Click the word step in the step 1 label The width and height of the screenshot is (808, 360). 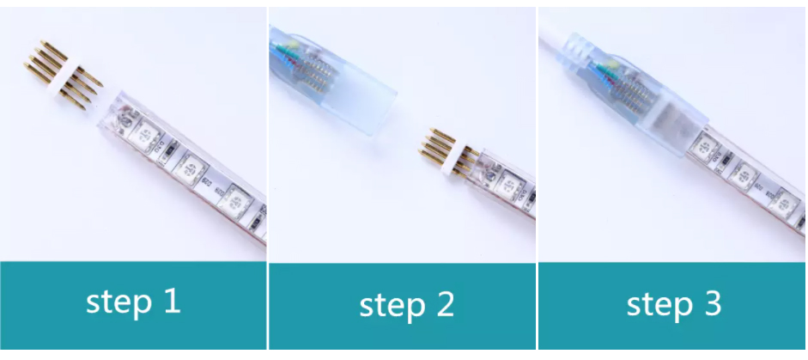(118, 302)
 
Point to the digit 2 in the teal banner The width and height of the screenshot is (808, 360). (446, 304)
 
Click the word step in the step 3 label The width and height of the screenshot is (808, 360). (659, 305)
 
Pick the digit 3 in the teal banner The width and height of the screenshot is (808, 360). (714, 303)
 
